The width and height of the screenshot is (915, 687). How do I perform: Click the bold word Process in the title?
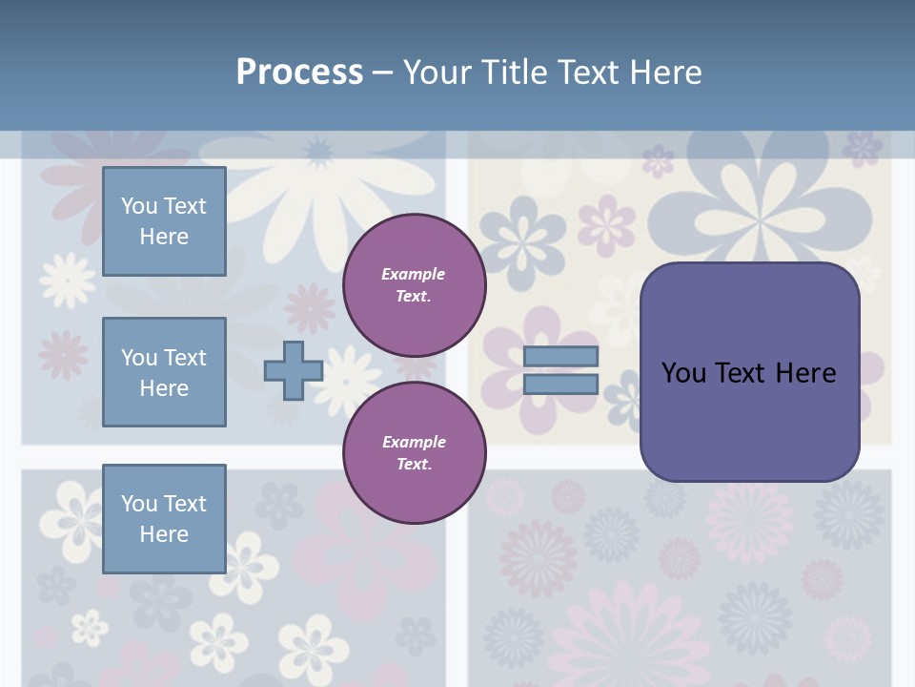[299, 73]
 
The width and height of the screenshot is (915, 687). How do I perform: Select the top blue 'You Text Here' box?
[164, 221]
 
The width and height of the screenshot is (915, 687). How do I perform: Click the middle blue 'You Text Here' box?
[164, 372]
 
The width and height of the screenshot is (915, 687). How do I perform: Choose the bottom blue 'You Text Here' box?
[164, 518]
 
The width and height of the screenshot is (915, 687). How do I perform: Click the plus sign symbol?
[294, 370]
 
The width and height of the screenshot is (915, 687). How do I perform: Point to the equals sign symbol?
[560, 370]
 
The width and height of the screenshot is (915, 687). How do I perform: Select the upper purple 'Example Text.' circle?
[414, 284]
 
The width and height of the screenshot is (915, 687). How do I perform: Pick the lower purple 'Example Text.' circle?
[414, 452]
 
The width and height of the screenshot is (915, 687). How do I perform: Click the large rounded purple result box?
[749, 372]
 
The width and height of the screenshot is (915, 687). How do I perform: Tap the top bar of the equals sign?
[560, 357]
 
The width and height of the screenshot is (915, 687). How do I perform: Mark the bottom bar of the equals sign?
[560, 384]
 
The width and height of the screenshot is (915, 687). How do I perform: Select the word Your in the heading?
[437, 73]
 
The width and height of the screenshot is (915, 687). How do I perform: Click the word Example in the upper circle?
[414, 274]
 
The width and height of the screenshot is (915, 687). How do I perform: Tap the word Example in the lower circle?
[414, 442]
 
